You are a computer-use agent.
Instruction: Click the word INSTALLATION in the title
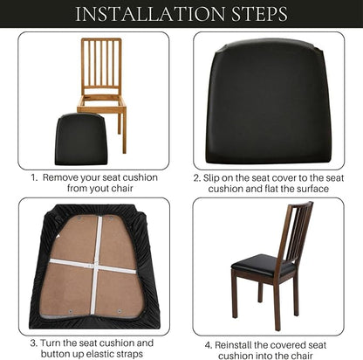(150, 14)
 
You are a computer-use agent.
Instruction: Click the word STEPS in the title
(259, 14)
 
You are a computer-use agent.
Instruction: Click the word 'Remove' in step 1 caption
(60, 177)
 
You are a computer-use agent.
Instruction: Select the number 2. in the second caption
(197, 177)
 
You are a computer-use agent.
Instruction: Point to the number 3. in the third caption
(34, 343)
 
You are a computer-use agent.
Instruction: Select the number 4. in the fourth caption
(209, 345)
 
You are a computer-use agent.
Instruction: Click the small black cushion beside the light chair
(81, 139)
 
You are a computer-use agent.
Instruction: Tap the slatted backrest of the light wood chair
(101, 63)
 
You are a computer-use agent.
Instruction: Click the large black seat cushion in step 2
(268, 101)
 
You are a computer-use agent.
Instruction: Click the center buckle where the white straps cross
(94, 266)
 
